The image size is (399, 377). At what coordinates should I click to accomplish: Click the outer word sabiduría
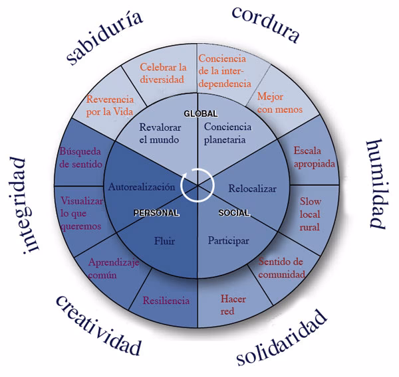(x=105, y=38)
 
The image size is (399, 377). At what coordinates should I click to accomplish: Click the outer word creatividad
(x=98, y=325)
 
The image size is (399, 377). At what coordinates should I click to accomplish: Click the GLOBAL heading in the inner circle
(x=200, y=113)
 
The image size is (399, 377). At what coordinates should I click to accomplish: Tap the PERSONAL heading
(x=156, y=213)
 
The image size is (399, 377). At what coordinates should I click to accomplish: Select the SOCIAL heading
(x=233, y=213)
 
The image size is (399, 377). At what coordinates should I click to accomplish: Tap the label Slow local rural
(x=310, y=214)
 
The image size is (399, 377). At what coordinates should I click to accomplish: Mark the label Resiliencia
(x=166, y=301)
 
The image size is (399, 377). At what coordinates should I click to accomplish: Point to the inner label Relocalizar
(x=252, y=188)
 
